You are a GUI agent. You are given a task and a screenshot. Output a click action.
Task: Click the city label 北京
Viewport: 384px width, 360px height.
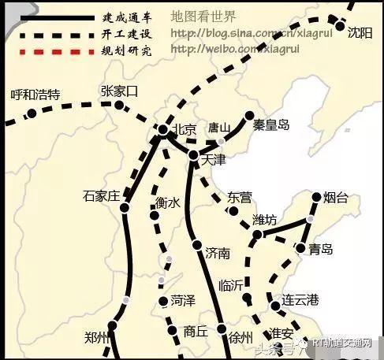pyautogui.click(x=184, y=130)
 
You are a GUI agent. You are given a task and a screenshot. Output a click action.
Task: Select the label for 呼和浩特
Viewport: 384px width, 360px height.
pyautogui.click(x=35, y=95)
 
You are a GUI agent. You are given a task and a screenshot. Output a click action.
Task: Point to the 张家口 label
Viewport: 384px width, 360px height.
pyautogui.click(x=119, y=91)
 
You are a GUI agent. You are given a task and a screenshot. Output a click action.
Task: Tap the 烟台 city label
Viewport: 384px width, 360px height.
pyautogui.click(x=336, y=198)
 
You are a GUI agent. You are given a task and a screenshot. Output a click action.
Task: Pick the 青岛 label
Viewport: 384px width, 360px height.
pyautogui.click(x=321, y=250)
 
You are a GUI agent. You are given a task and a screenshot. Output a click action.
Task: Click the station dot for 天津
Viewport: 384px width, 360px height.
pyautogui.click(x=195, y=156)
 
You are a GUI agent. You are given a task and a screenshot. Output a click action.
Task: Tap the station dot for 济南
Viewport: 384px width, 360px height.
pyautogui.click(x=197, y=246)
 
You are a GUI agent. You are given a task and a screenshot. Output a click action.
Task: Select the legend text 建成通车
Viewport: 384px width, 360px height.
pyautogui.click(x=125, y=17)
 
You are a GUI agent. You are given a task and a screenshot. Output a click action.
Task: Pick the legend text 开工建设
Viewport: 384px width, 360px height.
pyautogui.click(x=125, y=34)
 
